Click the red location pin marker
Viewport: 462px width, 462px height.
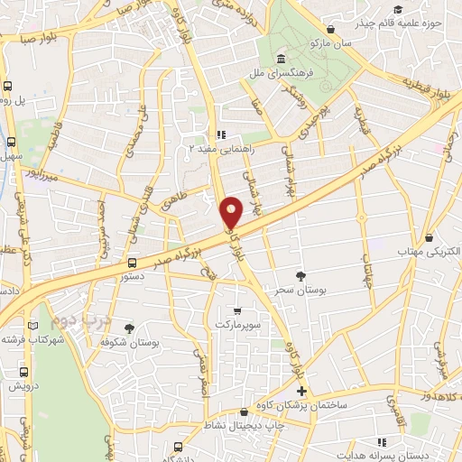[232, 213]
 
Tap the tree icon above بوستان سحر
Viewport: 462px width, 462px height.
[300, 276]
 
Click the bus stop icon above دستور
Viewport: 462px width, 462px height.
[133, 263]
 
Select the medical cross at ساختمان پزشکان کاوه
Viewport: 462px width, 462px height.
[301, 392]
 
